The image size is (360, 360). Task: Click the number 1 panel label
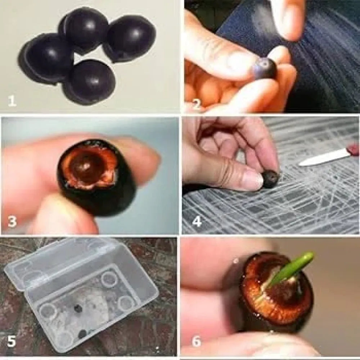click(12, 101)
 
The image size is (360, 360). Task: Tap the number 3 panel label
click(12, 222)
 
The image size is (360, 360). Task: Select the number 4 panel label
click(197, 222)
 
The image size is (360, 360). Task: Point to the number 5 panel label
click(12, 341)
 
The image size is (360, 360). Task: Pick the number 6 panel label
click(197, 341)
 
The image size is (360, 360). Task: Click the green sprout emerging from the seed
click(291, 269)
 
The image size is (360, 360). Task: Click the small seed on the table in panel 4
click(271, 179)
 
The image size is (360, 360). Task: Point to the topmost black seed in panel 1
click(84, 29)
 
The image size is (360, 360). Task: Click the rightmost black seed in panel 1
click(130, 38)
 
